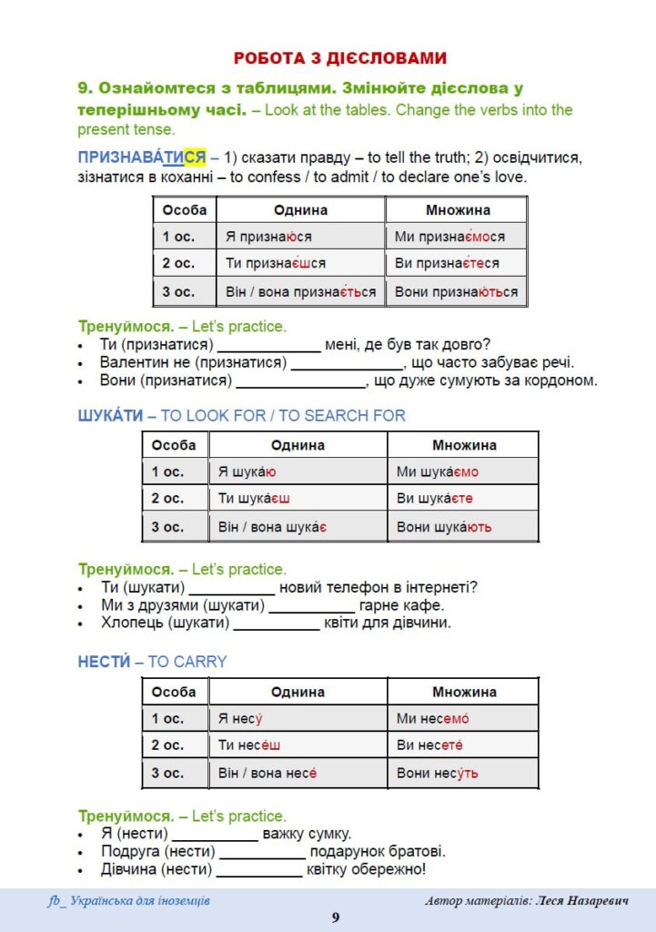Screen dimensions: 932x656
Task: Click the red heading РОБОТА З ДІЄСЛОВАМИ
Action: click(x=340, y=58)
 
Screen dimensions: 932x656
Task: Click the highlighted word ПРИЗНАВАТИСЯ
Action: click(x=142, y=157)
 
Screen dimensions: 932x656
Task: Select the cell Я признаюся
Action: click(x=268, y=237)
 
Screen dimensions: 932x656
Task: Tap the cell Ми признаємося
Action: click(x=449, y=237)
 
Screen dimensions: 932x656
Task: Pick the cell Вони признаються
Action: click(x=456, y=292)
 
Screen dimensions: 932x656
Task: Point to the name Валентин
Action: click(x=135, y=363)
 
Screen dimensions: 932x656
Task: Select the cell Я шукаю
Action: click(x=247, y=472)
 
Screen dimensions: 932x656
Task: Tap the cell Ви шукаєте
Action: click(x=435, y=499)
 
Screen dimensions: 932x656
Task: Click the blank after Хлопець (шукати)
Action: click(x=277, y=623)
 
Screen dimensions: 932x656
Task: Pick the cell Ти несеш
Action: click(x=249, y=745)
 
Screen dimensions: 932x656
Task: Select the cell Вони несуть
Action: click(x=437, y=774)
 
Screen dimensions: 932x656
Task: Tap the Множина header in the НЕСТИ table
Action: click(x=464, y=692)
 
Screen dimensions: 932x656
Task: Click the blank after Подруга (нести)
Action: click(x=262, y=852)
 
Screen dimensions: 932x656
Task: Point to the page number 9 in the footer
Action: click(x=335, y=917)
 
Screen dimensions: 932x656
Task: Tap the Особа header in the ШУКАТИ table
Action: click(x=174, y=445)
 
